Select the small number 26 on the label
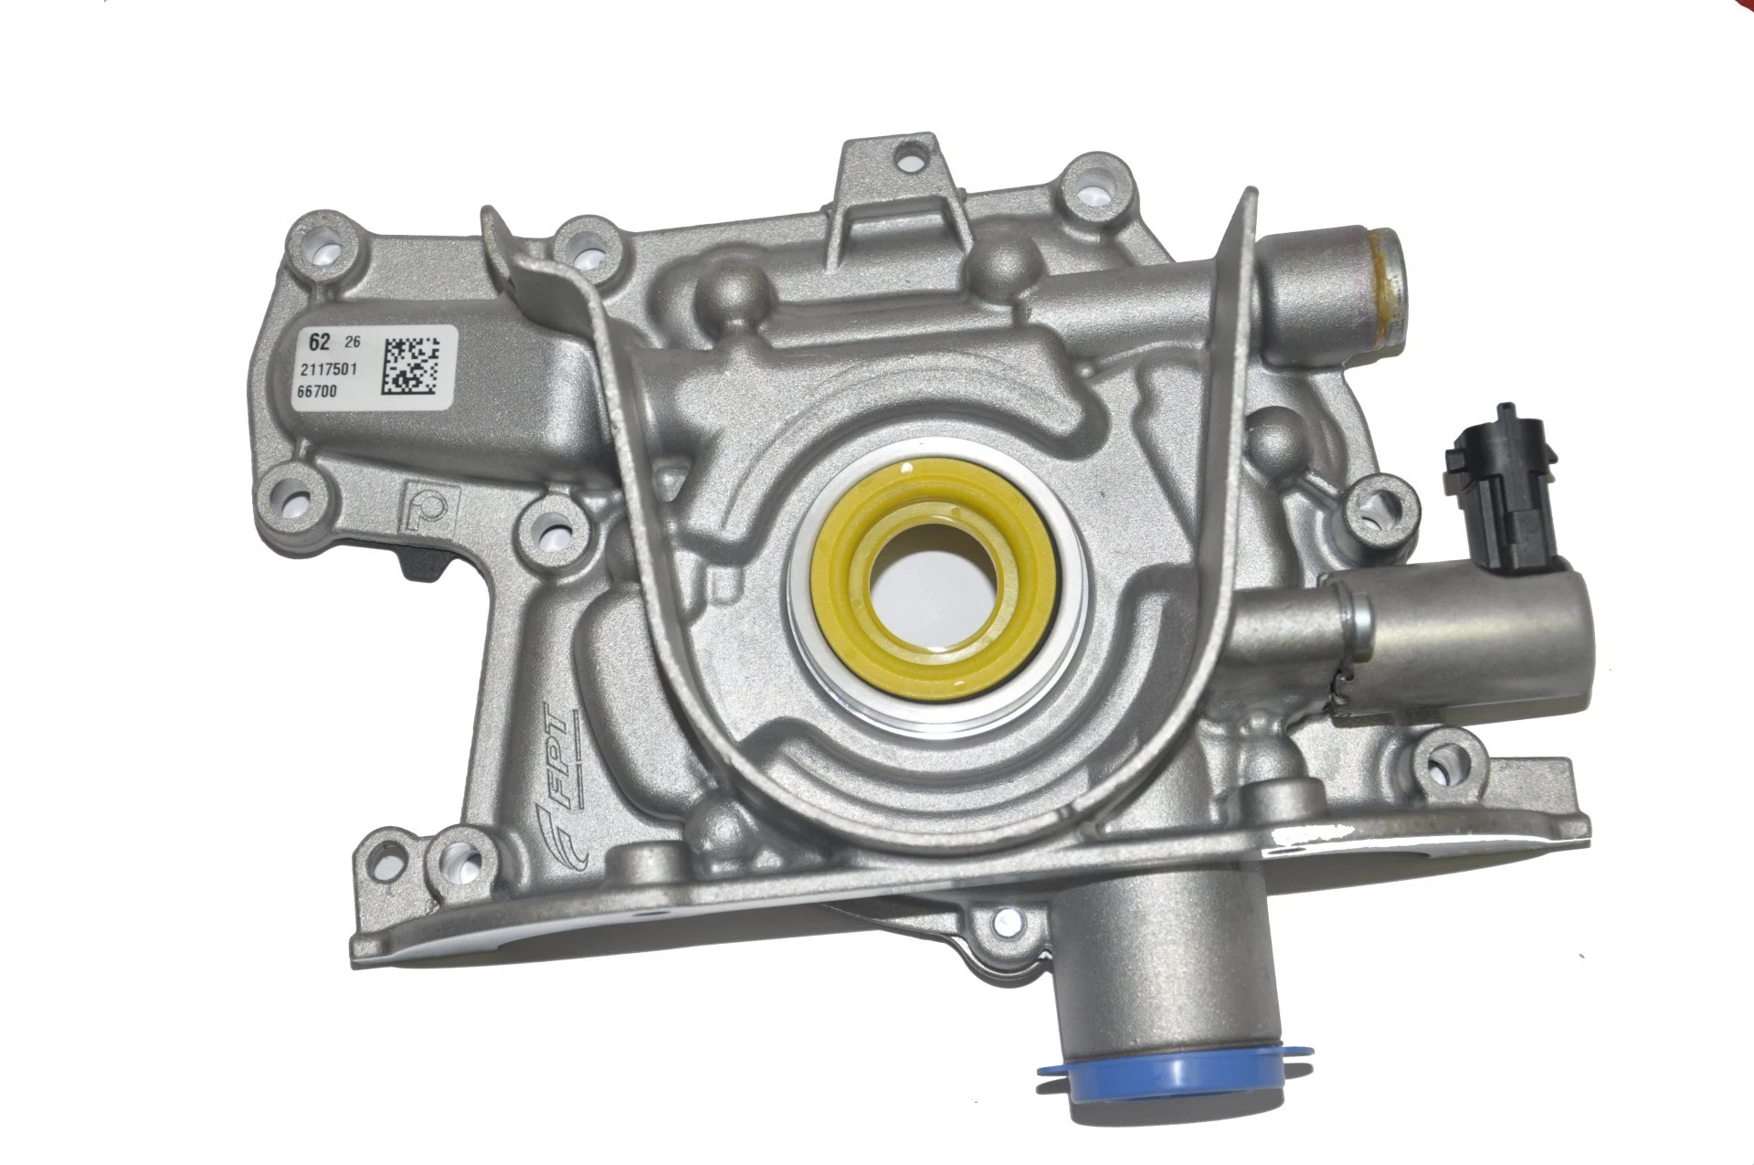click(x=349, y=344)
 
